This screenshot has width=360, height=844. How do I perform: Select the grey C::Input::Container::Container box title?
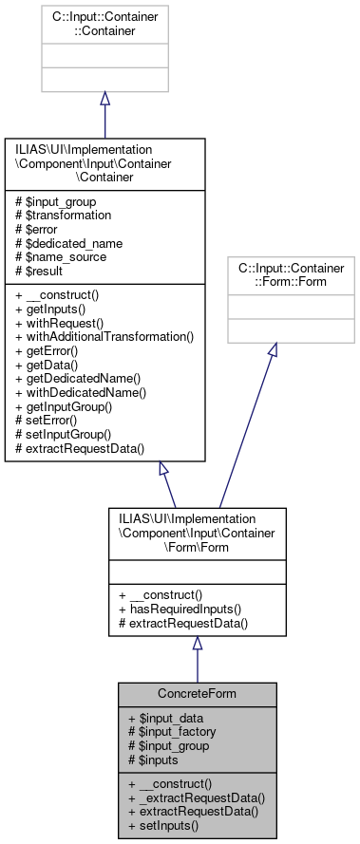104,23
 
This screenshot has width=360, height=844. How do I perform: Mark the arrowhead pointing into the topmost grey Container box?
104,99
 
